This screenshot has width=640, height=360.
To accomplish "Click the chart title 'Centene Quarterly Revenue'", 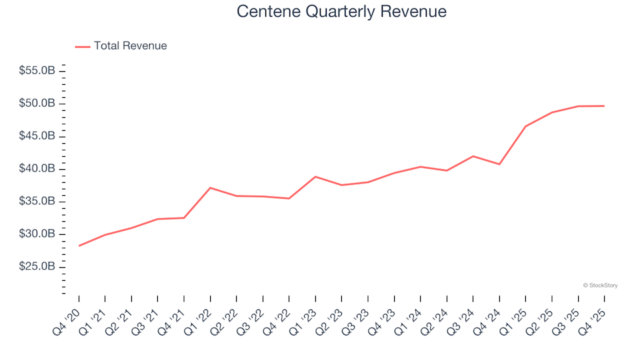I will coord(341,12).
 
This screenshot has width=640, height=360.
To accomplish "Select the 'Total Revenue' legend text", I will coord(130,46).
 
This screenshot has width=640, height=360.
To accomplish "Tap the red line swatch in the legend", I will coord(83,47).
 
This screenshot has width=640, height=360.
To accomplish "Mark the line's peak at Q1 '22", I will coord(210,187).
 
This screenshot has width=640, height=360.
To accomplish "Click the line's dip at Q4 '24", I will coord(499,164).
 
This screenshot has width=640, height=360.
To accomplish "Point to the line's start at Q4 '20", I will coord(79,246).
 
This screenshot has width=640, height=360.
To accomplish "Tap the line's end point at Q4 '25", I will coord(604,106).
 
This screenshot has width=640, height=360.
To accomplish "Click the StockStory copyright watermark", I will coord(600,285).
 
